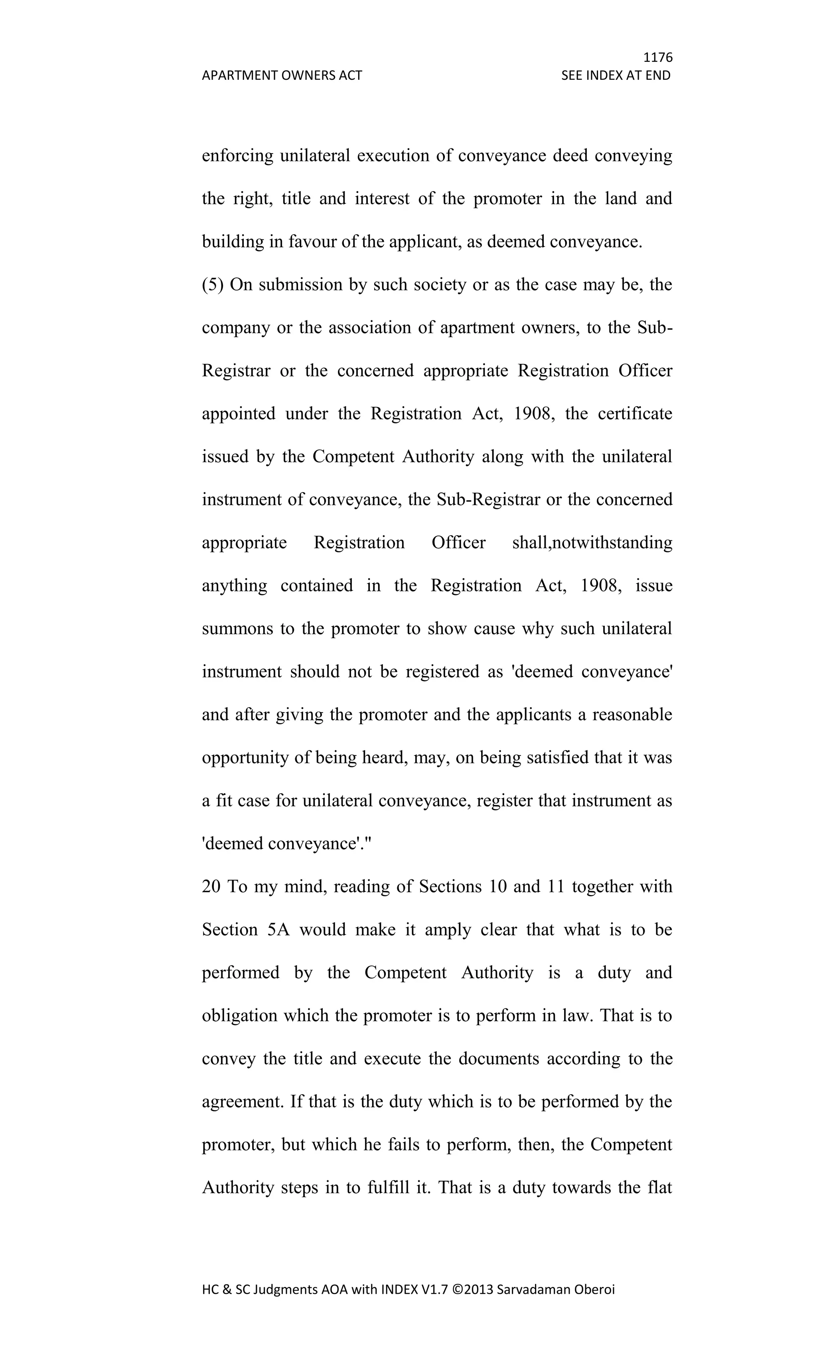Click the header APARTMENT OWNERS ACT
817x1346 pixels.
point(282,75)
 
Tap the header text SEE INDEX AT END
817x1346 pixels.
point(616,75)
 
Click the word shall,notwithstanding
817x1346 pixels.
point(592,542)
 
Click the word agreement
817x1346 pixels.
point(243,1102)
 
